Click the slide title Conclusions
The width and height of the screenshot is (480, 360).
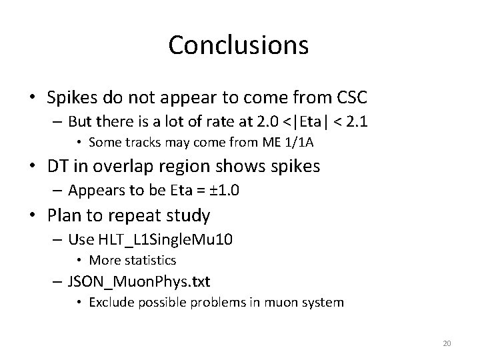click(239, 45)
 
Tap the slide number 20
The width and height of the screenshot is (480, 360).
click(447, 343)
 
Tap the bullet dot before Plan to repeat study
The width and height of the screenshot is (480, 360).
click(33, 215)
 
